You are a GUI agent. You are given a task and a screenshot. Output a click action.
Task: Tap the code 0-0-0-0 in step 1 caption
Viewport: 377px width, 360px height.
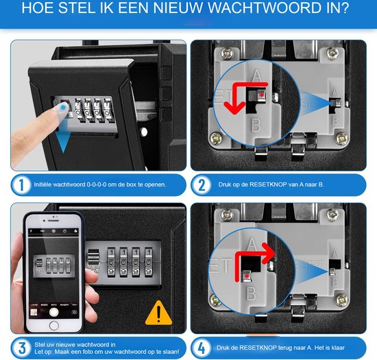pos(90,184)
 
